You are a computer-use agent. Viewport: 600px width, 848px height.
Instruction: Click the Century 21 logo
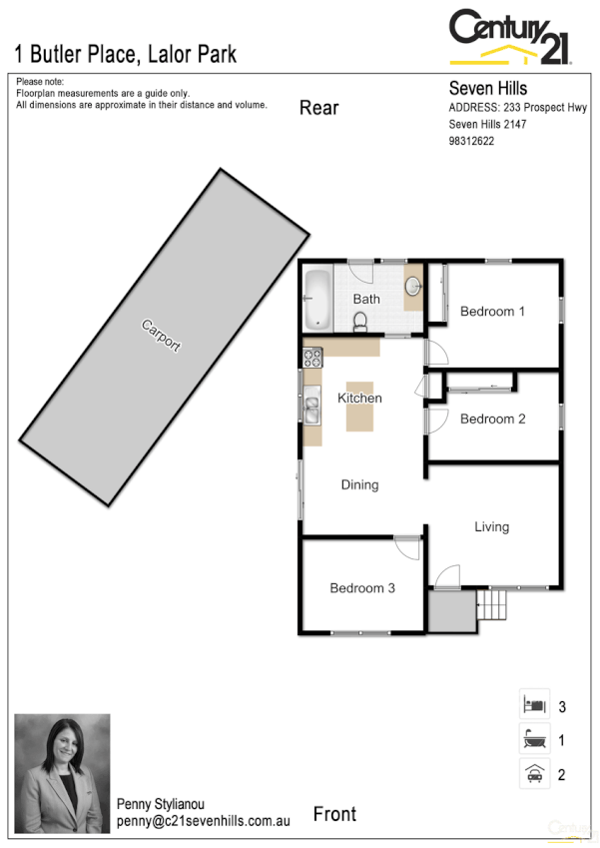(510, 38)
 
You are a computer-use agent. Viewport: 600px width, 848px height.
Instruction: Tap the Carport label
(162, 335)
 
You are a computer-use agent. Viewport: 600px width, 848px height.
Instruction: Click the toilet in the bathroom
(361, 319)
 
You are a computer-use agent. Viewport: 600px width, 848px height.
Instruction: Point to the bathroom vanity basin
(412, 288)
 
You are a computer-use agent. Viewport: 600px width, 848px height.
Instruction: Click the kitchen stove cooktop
(312, 355)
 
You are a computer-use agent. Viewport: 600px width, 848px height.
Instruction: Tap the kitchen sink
(311, 409)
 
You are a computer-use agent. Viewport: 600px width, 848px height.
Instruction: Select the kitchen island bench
(360, 406)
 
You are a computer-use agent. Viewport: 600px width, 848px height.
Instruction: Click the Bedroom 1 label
(492, 312)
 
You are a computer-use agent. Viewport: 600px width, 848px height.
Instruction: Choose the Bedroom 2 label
(492, 420)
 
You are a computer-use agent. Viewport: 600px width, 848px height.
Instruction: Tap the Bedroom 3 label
(362, 588)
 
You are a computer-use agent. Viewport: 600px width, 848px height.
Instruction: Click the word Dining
(359, 485)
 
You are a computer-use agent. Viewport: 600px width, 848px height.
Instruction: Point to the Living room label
(491, 526)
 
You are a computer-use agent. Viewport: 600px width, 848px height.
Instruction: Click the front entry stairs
(491, 604)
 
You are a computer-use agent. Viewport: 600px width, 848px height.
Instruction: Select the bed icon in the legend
(534, 705)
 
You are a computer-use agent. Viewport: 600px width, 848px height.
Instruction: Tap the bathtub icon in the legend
(534, 740)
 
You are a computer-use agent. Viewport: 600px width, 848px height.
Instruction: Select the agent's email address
(203, 820)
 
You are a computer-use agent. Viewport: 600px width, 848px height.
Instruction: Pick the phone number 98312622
(472, 141)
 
